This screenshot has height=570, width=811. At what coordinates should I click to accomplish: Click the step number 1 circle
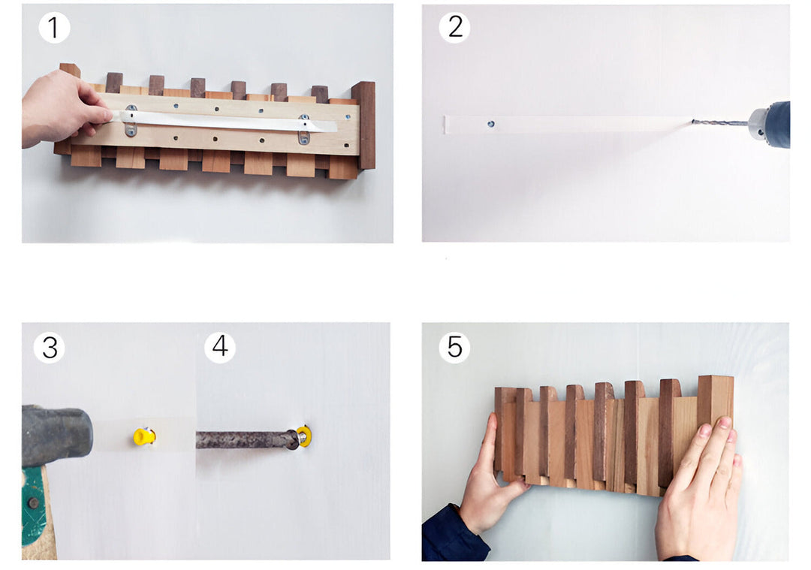[x=53, y=28]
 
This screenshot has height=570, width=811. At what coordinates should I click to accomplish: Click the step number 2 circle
[x=454, y=27]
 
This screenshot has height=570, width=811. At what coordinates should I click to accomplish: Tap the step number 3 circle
[x=49, y=348]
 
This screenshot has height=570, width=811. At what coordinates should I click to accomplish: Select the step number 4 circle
[x=220, y=347]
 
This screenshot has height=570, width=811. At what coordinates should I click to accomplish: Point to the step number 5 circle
[x=454, y=347]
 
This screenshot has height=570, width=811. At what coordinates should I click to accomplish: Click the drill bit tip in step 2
[x=695, y=122]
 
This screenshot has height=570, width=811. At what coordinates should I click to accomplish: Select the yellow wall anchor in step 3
[x=143, y=436]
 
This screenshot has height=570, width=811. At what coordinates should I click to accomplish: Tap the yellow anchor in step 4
[x=304, y=436]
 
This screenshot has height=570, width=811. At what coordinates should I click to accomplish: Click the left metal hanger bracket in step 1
[x=131, y=120]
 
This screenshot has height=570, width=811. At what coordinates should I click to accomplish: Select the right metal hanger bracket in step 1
[x=303, y=128]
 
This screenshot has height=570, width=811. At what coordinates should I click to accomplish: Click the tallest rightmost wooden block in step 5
[x=714, y=402]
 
